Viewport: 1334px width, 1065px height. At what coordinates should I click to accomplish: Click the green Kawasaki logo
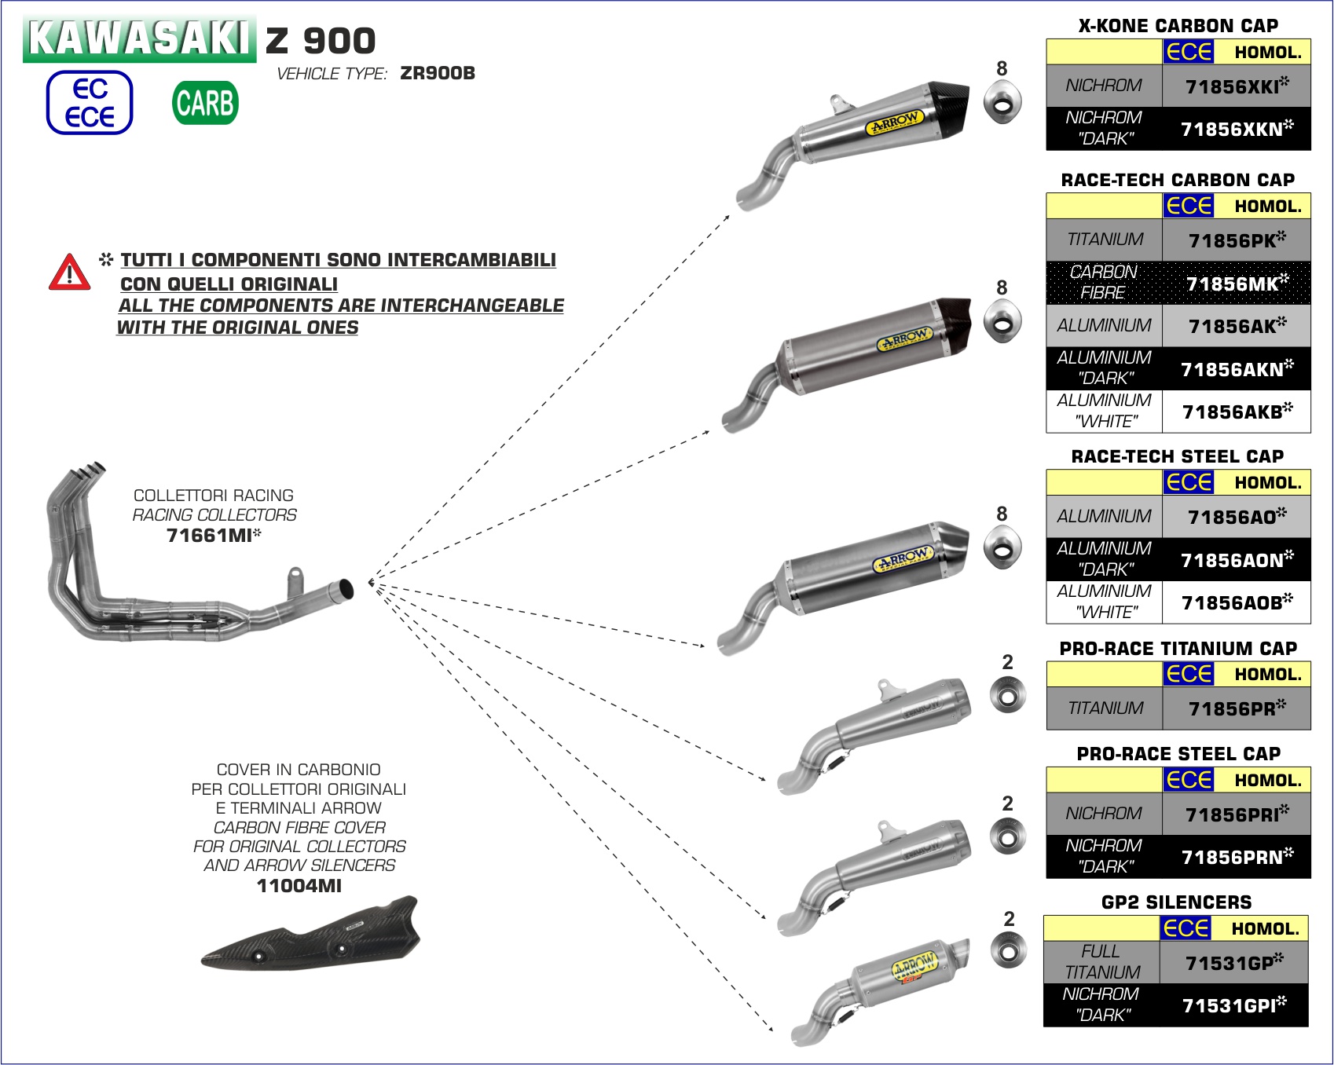click(139, 38)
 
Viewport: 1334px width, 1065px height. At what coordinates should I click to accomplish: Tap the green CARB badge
click(205, 103)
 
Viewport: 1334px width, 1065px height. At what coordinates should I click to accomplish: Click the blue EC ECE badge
click(90, 103)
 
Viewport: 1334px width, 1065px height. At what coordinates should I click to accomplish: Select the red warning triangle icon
click(69, 272)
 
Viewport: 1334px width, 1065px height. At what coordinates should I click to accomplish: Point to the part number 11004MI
click(299, 886)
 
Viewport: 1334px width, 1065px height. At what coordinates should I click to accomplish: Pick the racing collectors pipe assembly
click(189, 565)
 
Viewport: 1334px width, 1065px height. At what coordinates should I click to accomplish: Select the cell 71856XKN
click(1236, 129)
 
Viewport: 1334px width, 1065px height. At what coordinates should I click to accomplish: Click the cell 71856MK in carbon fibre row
click(1236, 284)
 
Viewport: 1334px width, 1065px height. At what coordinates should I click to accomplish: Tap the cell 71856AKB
click(1236, 412)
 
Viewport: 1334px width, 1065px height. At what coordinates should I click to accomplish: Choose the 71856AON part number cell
click(1236, 560)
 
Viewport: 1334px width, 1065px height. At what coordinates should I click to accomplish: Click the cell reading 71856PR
click(1236, 708)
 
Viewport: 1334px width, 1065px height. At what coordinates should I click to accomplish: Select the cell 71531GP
click(1233, 963)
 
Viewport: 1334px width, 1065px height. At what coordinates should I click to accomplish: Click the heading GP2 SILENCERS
click(1176, 902)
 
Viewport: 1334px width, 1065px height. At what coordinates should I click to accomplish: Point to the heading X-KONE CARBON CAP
click(1178, 26)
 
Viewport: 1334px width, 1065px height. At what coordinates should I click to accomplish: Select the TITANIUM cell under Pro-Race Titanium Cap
click(1105, 708)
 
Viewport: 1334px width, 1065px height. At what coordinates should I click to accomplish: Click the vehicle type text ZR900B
click(438, 74)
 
